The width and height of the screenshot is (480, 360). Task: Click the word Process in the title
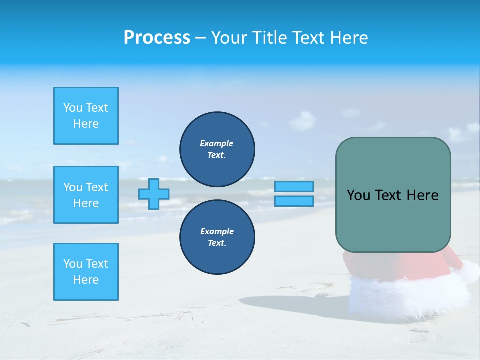157,38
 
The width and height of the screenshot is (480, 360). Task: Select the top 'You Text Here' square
86,116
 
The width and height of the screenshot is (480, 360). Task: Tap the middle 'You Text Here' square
86,195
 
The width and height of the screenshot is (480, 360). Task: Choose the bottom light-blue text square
86,272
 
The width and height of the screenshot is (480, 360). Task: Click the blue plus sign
154,194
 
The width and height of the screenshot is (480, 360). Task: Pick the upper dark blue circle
217,149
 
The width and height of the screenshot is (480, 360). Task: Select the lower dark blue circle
217,237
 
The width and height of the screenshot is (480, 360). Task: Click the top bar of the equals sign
294,186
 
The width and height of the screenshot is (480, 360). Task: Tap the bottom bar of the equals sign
294,201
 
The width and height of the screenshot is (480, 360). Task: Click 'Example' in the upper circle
217,143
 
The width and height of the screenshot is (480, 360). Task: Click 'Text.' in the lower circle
217,243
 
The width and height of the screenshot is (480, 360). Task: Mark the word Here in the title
348,38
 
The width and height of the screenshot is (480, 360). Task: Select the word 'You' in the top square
73,108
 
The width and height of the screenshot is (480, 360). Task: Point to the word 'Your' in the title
229,38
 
